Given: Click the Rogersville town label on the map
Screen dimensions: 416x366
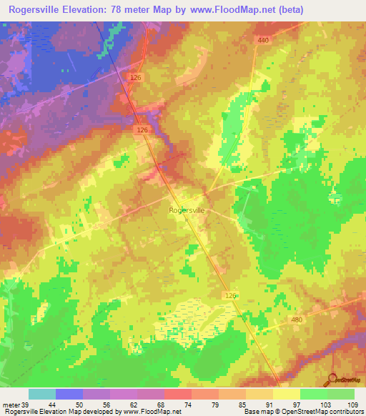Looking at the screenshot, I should [x=187, y=210].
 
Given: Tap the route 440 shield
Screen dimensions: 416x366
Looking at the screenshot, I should [x=263, y=40].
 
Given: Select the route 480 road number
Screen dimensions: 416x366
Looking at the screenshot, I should [x=297, y=320].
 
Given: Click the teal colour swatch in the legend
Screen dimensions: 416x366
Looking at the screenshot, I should [x=42, y=394].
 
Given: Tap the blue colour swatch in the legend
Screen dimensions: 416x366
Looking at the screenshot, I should [x=69, y=394].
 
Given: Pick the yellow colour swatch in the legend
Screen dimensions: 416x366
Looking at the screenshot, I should [x=287, y=394].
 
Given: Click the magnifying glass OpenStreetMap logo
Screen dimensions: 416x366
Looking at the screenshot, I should [x=331, y=379].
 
